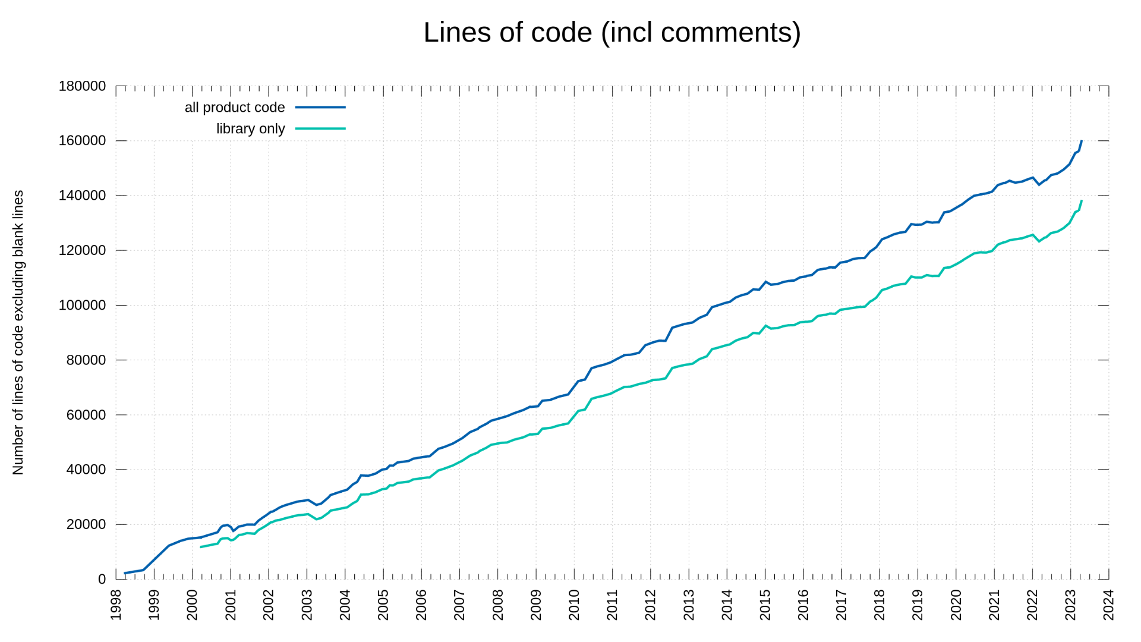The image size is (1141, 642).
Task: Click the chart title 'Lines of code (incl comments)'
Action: tap(612, 33)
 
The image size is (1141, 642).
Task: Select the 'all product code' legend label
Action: tap(235, 108)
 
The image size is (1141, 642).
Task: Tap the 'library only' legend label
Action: tap(250, 129)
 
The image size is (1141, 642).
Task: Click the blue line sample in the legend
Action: tap(320, 108)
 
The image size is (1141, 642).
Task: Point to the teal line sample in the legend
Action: tap(320, 129)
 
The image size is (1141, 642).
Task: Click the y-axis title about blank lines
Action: tap(18, 332)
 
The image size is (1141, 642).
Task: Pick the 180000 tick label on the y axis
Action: tap(82, 86)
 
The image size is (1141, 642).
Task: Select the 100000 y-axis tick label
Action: tap(82, 306)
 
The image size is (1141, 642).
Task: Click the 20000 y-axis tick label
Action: tap(86, 524)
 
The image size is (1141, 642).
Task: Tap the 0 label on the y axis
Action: tap(102, 579)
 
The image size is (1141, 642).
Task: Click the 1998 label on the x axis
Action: tap(116, 605)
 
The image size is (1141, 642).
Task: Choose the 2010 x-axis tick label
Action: tap(574, 605)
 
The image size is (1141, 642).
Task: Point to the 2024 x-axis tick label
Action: tap(1108, 605)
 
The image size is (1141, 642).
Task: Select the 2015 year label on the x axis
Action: tap(765, 605)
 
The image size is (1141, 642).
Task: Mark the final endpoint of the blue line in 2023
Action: tap(1082, 141)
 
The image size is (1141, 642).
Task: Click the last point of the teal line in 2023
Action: tap(1082, 201)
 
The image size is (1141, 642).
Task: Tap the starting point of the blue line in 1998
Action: tap(125, 573)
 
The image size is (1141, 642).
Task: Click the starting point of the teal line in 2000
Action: tap(201, 547)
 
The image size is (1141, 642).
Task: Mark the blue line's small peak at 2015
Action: tap(766, 282)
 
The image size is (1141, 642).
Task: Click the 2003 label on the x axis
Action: tap(307, 605)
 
